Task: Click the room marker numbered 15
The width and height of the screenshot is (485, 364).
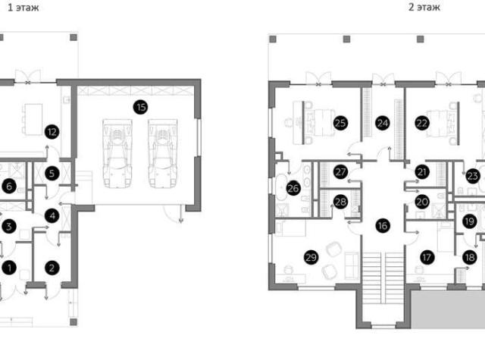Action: (140, 108)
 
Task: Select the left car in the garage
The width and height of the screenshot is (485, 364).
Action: (117, 153)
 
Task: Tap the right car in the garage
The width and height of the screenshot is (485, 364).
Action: (163, 153)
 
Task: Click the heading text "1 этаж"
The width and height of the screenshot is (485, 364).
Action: (23, 8)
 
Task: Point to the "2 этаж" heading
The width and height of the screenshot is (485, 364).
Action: (424, 7)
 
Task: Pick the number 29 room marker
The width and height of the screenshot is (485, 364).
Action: (311, 257)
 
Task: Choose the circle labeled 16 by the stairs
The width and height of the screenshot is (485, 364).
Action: (383, 225)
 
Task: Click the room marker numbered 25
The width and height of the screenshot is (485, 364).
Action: (340, 123)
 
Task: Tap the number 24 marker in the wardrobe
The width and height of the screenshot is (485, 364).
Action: (383, 123)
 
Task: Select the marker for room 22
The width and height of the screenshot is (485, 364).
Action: (422, 123)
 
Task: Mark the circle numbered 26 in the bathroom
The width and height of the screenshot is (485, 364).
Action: (293, 188)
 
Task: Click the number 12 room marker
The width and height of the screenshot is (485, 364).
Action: (52, 132)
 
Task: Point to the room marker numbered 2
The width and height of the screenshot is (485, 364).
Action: (52, 268)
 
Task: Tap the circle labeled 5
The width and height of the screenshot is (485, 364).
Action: (52, 174)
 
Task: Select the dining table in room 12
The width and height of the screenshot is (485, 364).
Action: (33, 120)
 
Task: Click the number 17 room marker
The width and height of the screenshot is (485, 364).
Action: (427, 257)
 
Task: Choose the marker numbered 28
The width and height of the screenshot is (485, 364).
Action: (340, 202)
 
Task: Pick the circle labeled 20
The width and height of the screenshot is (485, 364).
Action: (422, 202)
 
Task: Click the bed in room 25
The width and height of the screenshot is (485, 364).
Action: (320, 123)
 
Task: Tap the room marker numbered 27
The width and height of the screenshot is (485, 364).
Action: (340, 172)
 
